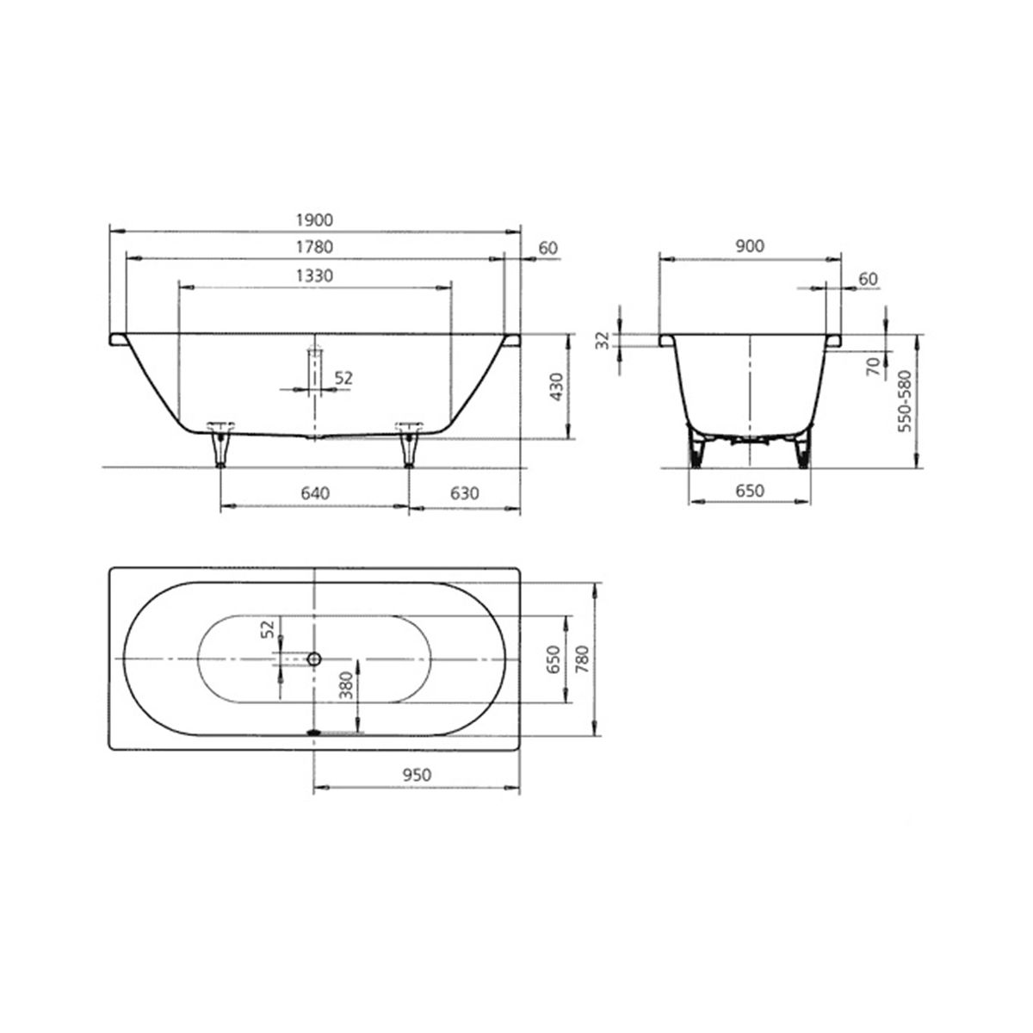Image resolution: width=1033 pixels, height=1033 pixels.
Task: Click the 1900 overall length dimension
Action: [315, 220]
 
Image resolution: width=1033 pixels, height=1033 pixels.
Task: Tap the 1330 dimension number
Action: [315, 275]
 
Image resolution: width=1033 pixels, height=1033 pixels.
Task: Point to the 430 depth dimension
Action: [557, 387]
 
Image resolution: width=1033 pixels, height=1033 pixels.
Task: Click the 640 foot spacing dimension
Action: [315, 492]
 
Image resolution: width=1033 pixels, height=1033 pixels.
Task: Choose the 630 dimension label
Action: [464, 492]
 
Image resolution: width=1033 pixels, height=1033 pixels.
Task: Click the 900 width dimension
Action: [750, 246]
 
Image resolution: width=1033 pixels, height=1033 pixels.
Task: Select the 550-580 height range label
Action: [906, 401]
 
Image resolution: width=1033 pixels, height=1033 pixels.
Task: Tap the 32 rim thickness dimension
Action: [603, 340]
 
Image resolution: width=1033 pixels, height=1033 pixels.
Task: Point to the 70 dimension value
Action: [874, 367]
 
